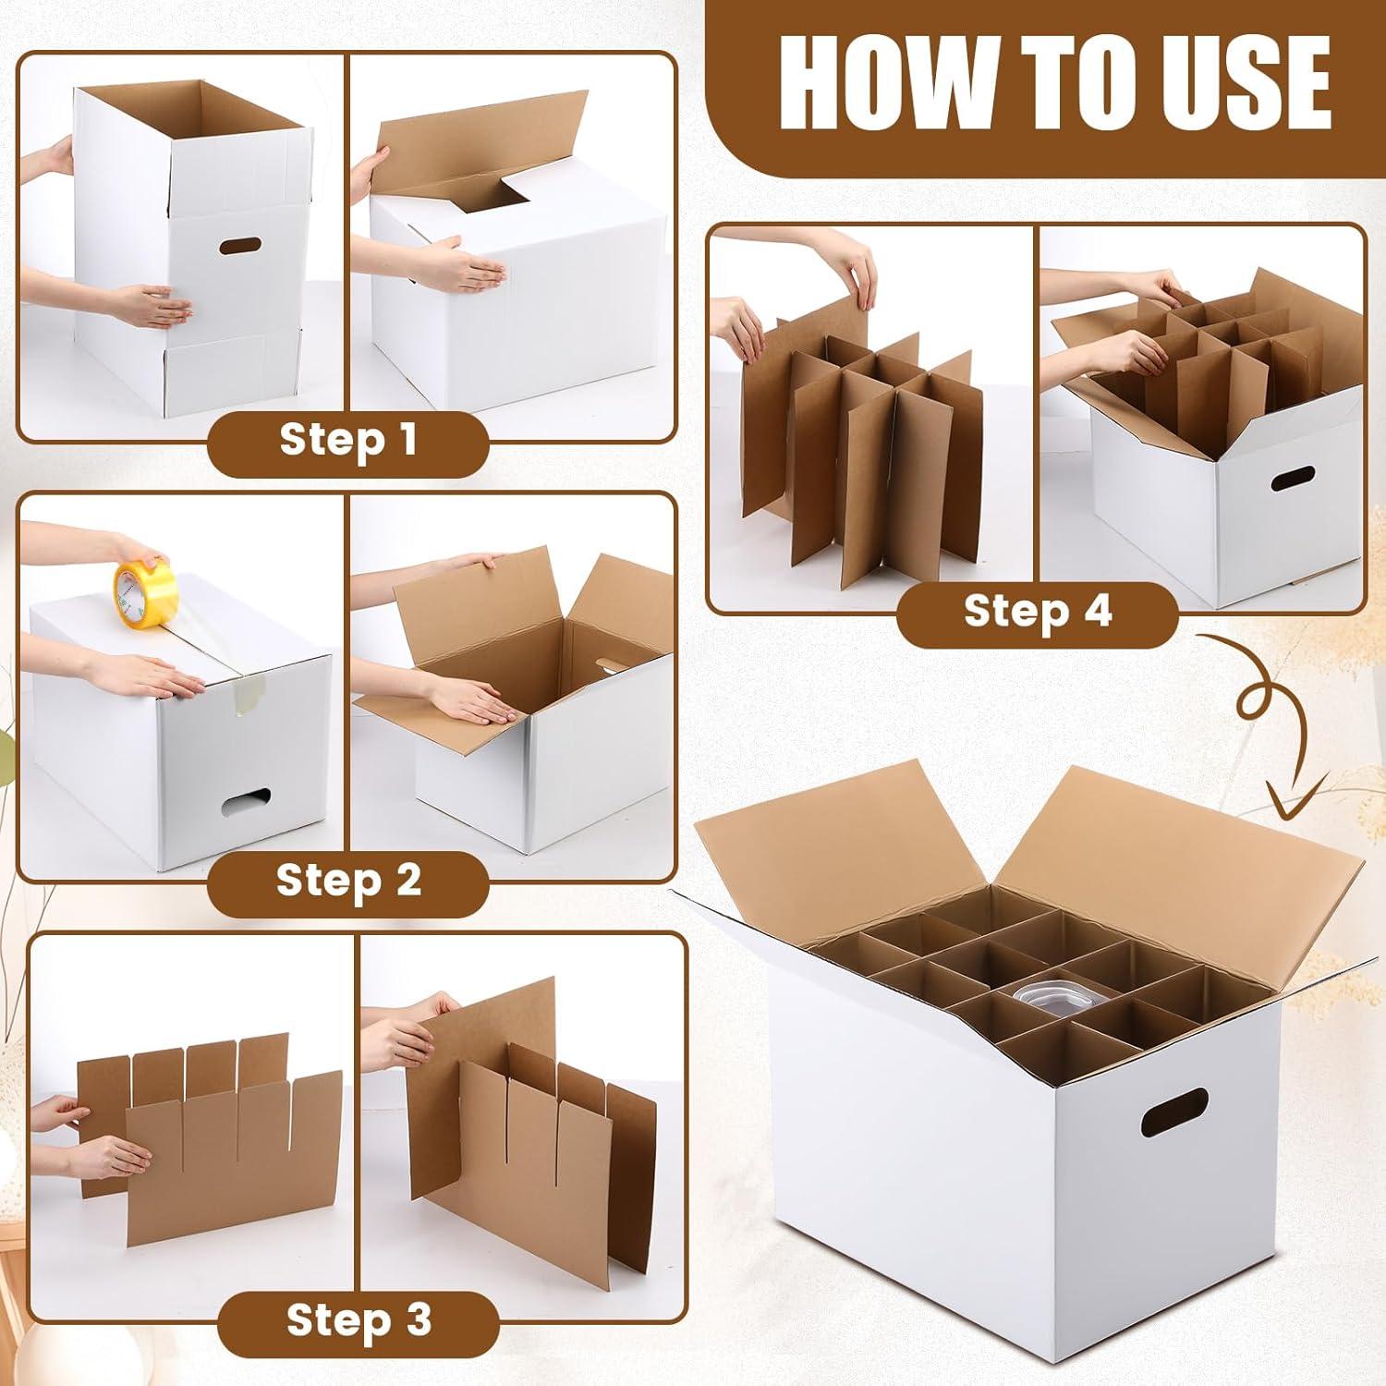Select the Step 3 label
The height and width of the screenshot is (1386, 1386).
(359, 1319)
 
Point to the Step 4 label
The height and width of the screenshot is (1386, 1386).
(1037, 611)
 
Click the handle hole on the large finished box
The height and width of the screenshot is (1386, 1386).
(1174, 1112)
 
